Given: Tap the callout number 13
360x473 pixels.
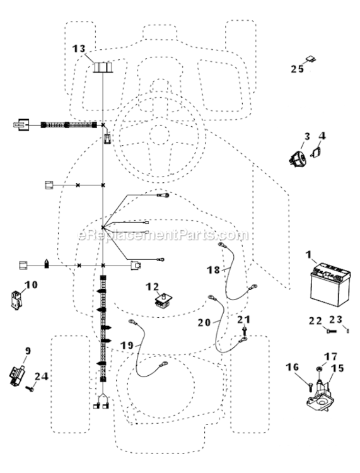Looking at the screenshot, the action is point(79,49).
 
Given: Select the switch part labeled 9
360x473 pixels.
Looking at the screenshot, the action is point(17,375).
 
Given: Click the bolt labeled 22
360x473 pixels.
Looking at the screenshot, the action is point(331,331).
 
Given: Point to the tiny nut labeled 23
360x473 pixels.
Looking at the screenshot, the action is point(348,331).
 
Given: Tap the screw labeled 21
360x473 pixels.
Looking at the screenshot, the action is point(244,330).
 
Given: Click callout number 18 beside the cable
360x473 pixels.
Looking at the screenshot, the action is point(213,269).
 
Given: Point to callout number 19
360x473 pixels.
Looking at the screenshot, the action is point(127,345).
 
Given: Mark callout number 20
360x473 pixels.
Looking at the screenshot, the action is point(204,322).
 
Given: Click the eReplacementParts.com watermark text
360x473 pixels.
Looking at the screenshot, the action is point(163,235).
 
